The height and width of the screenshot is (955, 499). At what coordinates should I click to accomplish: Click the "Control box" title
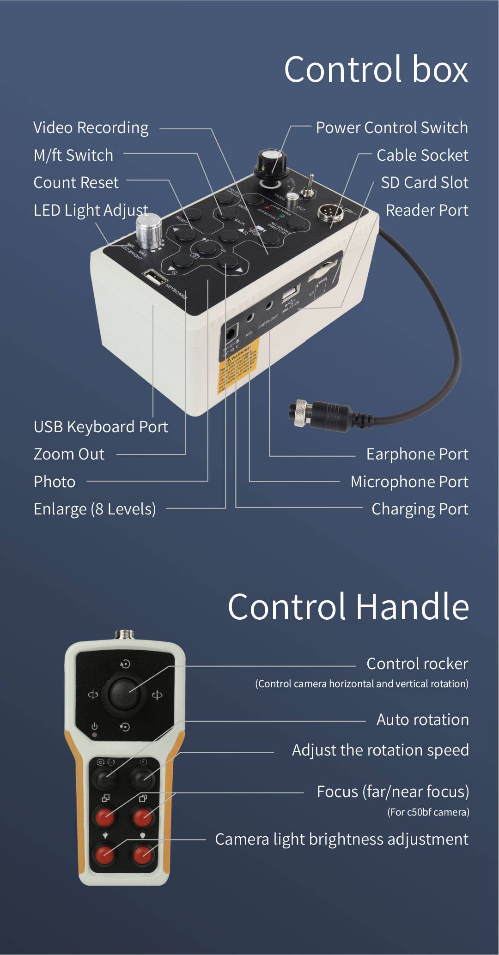tap(376, 69)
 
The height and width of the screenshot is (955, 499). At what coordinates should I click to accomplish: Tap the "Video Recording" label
tap(91, 128)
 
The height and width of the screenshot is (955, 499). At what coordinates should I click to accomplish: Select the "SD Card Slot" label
tap(424, 182)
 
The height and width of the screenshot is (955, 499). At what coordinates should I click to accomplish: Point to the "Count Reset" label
tap(76, 182)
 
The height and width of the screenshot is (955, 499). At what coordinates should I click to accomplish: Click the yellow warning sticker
tap(238, 365)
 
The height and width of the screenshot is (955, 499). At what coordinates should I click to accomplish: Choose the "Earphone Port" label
tap(417, 454)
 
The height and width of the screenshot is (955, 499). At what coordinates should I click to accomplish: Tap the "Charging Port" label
tap(420, 509)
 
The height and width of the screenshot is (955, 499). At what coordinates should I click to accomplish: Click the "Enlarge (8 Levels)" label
tap(95, 509)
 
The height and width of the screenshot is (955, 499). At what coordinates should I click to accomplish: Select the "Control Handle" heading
tap(348, 606)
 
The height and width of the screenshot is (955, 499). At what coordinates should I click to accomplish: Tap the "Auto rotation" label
tap(422, 719)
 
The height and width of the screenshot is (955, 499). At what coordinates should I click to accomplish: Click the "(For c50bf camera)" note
tap(428, 812)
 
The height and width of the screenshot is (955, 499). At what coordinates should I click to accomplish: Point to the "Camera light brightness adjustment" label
tap(341, 839)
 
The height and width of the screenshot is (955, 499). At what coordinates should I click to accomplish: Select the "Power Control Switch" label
tap(391, 128)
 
